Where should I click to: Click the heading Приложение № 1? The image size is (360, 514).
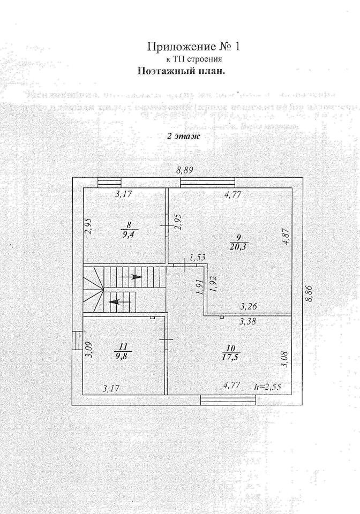coord(194,47)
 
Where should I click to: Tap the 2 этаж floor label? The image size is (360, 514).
coord(183,136)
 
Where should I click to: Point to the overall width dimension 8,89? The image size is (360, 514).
coord(185,170)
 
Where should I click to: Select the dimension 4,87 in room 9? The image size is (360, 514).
coord(286,236)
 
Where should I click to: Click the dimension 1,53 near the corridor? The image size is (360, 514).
coord(198,258)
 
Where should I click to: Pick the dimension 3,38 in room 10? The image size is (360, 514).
coord(247,322)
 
